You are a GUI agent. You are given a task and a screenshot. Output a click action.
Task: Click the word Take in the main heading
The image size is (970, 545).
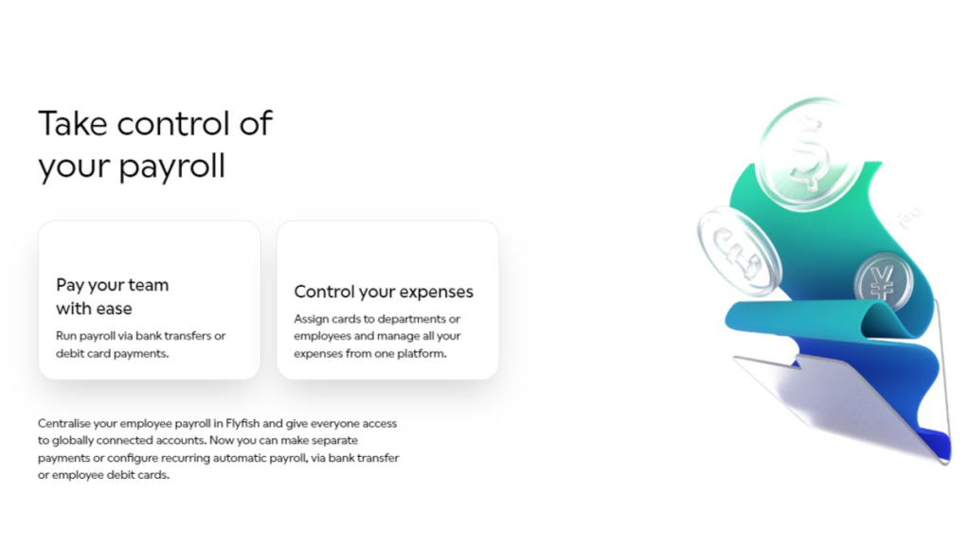(x=73, y=124)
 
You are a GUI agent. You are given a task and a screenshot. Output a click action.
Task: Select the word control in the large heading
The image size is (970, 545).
(x=173, y=124)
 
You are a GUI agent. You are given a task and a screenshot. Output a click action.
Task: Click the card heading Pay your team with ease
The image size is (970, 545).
(x=112, y=296)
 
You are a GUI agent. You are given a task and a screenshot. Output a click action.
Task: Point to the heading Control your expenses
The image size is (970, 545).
(x=384, y=291)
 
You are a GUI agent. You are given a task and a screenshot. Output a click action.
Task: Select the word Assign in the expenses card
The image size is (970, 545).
(x=309, y=320)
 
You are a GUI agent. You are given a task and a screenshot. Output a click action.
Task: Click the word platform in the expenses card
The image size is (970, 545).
(x=425, y=354)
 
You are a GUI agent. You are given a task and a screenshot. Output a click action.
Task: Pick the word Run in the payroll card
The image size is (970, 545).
(x=65, y=336)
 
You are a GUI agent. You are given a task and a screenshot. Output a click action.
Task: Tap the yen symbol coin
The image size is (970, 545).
(x=884, y=283)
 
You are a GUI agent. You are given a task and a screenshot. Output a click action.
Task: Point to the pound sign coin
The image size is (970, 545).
(x=738, y=251)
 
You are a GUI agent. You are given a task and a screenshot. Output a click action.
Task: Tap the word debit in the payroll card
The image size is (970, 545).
(x=69, y=354)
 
